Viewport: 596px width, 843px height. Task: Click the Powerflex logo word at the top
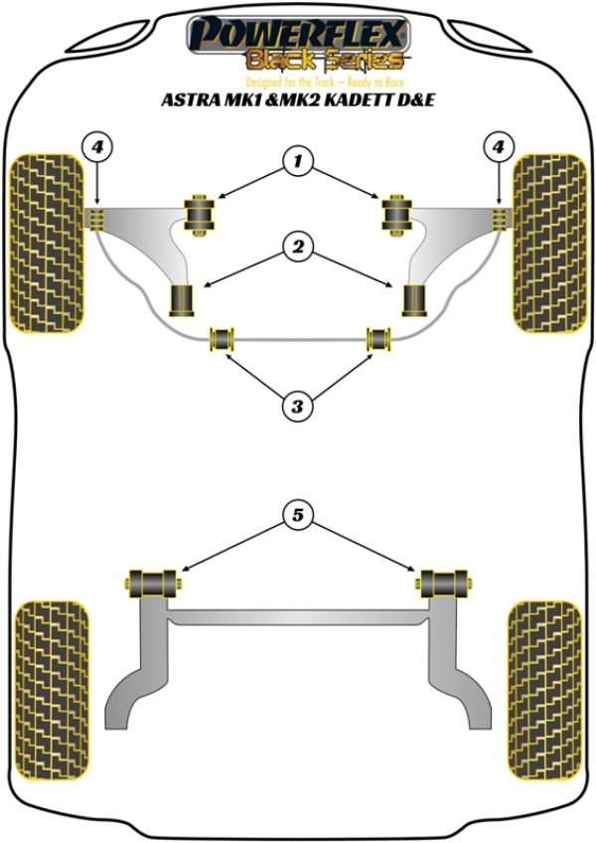[x=297, y=33]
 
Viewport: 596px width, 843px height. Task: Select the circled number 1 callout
[x=297, y=159]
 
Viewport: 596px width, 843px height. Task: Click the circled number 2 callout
[x=297, y=246]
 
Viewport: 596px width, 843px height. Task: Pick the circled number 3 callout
[x=297, y=405]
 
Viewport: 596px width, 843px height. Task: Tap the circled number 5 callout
[x=297, y=514]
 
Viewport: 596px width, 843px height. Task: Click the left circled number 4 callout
[x=96, y=148]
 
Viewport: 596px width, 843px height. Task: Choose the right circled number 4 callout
[x=498, y=148]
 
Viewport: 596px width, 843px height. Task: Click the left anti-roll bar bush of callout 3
[x=221, y=339]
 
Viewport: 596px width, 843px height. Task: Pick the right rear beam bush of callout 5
[x=444, y=581]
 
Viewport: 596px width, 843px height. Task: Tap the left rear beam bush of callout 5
[x=154, y=581]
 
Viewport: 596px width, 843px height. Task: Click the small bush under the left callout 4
[x=96, y=218]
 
